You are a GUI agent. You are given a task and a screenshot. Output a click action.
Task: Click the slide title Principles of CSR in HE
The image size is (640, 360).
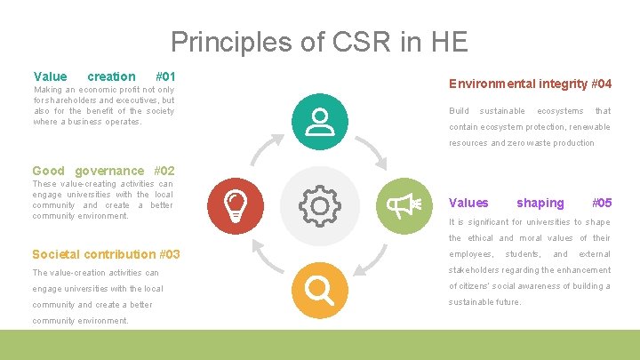click(319, 42)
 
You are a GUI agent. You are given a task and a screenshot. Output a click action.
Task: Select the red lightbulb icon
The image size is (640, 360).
click(235, 205)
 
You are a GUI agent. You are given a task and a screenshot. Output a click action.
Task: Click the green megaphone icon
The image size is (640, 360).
click(404, 205)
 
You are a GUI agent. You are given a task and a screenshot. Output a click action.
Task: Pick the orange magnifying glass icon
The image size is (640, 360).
click(318, 290)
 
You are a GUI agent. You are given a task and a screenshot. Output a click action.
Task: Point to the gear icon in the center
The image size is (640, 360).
click(319, 206)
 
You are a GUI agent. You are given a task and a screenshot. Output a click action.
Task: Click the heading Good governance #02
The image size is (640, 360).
click(103, 171)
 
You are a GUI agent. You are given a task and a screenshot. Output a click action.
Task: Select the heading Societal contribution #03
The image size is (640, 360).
click(106, 254)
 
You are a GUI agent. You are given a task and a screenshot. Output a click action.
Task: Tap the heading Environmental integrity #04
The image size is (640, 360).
click(530, 84)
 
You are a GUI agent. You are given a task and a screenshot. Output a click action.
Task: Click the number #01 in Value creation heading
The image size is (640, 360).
click(164, 76)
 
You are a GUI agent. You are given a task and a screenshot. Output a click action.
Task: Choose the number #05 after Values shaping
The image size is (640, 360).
click(602, 203)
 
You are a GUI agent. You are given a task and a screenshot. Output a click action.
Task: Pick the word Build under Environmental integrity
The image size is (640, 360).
click(459, 111)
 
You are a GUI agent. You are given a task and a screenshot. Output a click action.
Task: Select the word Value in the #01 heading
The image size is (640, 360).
click(50, 76)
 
